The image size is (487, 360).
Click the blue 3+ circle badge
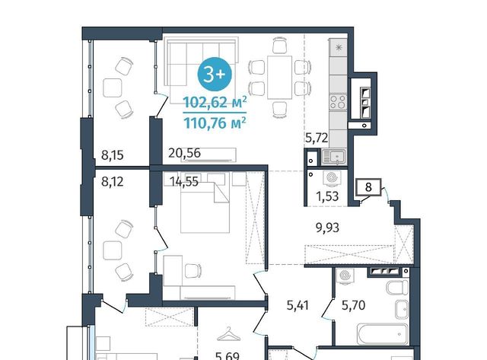pos(215,74)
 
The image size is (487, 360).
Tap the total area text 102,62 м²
pos(215,102)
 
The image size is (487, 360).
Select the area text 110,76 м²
pos(215,123)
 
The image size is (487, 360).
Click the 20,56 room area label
pos(184,153)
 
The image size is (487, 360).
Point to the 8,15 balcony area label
pos(113,155)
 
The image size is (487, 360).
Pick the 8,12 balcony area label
pos(113,181)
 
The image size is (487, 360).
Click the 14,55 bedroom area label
pos(184,181)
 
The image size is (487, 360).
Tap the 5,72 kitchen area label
pos(317,138)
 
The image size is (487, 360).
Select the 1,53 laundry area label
pos(327,196)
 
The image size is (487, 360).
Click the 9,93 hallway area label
pos(327,228)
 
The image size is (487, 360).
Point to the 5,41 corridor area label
pos(298,305)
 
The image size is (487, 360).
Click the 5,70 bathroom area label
pos(353,305)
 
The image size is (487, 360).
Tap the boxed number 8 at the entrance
pos(368,187)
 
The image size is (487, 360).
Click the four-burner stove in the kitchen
pos(338,102)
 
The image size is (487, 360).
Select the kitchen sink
pos(333,157)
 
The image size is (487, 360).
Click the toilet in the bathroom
pos(397,288)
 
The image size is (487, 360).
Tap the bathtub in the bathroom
pos(382,334)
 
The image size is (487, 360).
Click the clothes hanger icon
pos(228,335)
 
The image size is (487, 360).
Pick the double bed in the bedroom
pos(205,208)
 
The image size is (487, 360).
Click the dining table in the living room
pos(279,78)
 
